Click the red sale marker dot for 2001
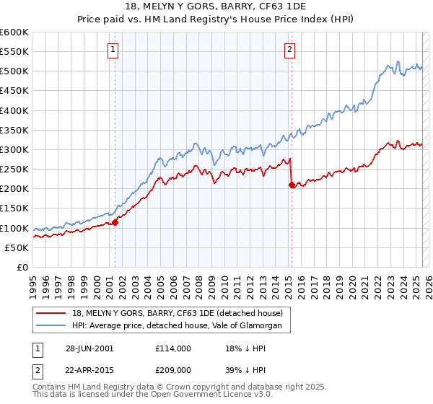click(115, 222)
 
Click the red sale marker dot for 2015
click(292, 185)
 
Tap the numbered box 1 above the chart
click(114, 50)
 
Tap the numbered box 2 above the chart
click(289, 50)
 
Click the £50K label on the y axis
click(16, 247)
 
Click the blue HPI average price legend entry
click(181, 326)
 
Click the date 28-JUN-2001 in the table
click(89, 348)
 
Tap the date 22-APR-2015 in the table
click(89, 370)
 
